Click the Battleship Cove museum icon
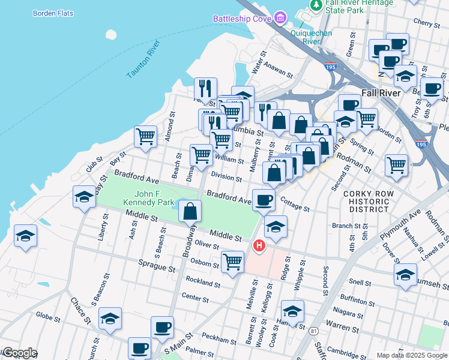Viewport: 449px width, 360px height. tap(280, 19)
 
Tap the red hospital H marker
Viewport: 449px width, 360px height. tap(259, 245)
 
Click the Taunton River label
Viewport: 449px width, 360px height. tap(144, 59)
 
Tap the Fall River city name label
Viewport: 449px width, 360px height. tap(385, 94)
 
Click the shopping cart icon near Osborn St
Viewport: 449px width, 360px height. tap(232, 262)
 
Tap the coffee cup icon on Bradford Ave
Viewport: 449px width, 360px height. tap(264, 200)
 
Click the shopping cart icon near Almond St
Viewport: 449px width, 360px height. tap(145, 137)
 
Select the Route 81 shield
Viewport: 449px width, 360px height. tap(313, 331)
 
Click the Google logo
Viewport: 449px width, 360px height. tap(19, 353)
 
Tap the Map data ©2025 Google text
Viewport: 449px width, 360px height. tap(411, 355)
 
